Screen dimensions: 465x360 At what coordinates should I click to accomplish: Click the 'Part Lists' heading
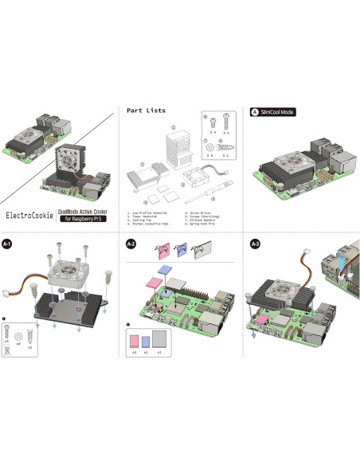(x=146, y=110)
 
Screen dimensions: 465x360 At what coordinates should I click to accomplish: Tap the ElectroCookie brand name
(x=30, y=214)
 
